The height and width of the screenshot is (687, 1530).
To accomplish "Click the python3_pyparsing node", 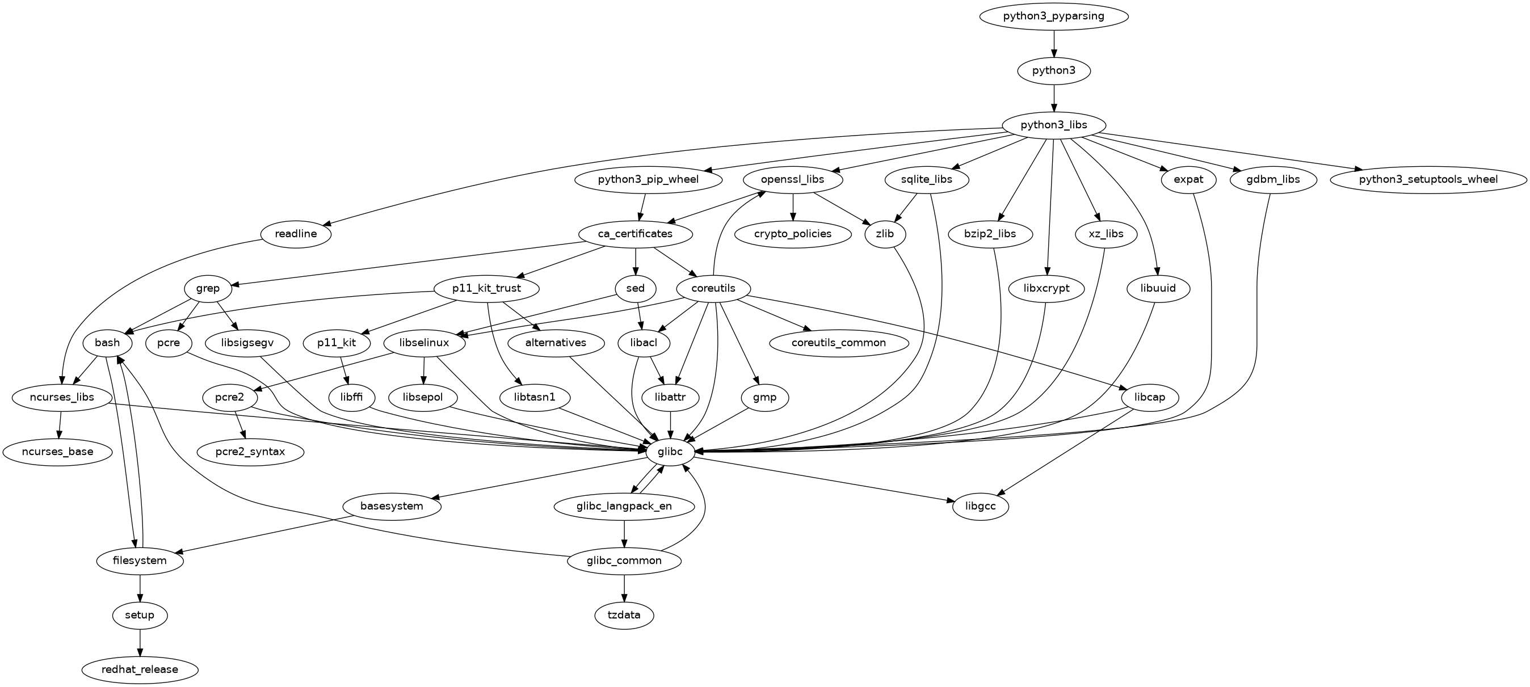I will [x=1054, y=16].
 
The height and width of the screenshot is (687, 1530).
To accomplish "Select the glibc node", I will [x=671, y=452].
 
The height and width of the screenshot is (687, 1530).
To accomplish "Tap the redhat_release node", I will [x=140, y=670].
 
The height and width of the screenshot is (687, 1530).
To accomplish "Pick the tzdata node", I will [x=624, y=615].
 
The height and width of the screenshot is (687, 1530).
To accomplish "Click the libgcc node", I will [x=981, y=507].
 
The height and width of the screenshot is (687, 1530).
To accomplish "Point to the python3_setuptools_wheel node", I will [x=1427, y=179].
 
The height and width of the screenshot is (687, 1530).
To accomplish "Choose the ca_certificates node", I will [x=636, y=234].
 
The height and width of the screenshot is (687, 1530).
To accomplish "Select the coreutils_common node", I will [x=839, y=343].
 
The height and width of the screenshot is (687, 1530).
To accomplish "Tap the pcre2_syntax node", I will [x=250, y=452].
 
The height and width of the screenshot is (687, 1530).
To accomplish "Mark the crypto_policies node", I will [x=793, y=234].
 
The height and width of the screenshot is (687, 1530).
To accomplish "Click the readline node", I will [x=296, y=234].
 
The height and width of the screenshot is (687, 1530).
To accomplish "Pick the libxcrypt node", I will [x=1046, y=289].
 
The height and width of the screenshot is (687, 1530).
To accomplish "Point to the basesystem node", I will [x=392, y=507].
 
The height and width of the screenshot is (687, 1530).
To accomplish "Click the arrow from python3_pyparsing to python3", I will [x=1054, y=43].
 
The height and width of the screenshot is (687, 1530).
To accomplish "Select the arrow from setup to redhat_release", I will [x=140, y=642].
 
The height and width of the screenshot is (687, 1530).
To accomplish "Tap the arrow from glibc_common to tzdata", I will [x=624, y=588].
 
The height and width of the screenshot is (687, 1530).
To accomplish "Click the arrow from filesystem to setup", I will [x=140, y=588].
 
